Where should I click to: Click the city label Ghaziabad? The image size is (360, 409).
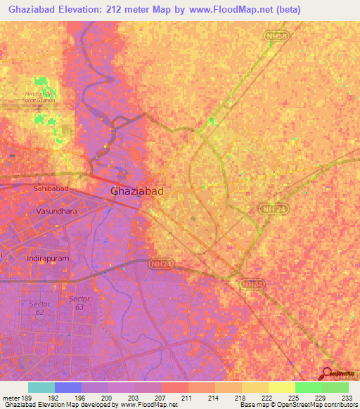click(x=138, y=190)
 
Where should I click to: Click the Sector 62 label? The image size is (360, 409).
click(x=39, y=307)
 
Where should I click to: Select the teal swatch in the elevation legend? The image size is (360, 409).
click(x=41, y=387)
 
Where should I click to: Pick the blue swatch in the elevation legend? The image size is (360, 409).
click(x=68, y=387)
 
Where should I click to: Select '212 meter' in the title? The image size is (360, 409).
click(x=140, y=8)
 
